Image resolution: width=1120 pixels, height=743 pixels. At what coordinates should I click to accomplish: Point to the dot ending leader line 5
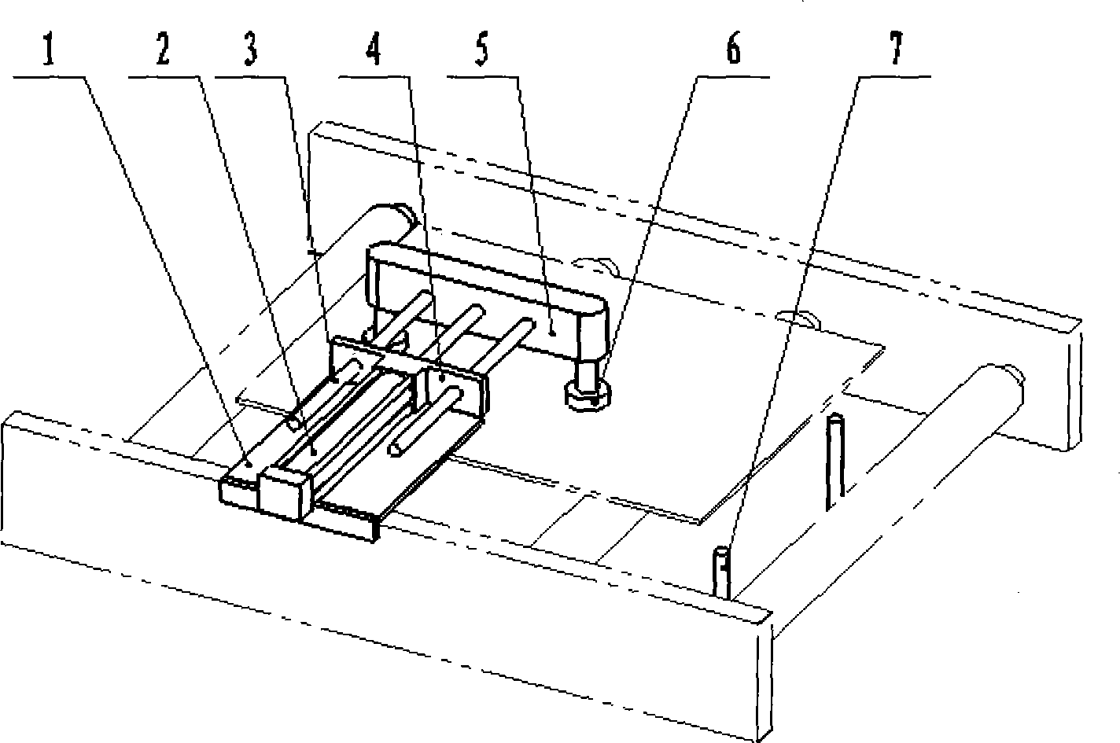click(x=553, y=332)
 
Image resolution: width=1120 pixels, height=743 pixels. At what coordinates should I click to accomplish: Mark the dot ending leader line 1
click(x=250, y=465)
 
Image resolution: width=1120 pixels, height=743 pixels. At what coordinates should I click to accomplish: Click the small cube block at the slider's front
click(x=284, y=491)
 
